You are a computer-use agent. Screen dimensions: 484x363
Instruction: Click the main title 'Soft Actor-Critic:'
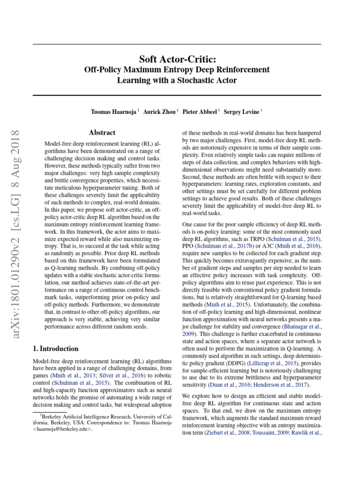click(x=177, y=59)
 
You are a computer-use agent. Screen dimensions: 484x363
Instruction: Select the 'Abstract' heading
click(x=102, y=133)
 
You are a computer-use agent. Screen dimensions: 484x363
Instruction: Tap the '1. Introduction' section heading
click(x=56, y=349)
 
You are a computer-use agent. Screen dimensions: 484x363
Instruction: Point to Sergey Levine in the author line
click(x=242, y=112)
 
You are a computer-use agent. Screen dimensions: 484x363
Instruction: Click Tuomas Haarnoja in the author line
click(x=114, y=112)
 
